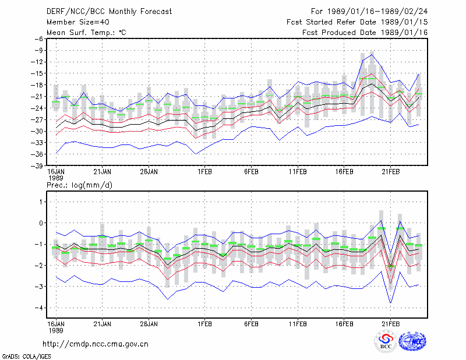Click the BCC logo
(386, 342)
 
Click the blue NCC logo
(412, 341)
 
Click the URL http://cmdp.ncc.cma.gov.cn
(96, 344)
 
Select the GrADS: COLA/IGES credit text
(26, 357)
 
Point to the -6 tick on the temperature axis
(39, 38)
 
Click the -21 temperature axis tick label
(37, 96)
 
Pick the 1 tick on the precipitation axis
(41, 202)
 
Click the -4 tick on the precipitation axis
(39, 308)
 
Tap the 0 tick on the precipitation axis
(41, 223)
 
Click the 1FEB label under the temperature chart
(205, 172)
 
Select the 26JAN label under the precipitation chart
(149, 324)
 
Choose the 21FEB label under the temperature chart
(390, 172)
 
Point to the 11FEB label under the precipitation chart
(298, 324)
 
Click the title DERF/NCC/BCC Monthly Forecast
(109, 12)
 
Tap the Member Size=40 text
(78, 22)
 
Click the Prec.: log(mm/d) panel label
(79, 185)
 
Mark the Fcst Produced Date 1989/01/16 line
(365, 33)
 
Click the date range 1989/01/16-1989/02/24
(377, 12)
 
